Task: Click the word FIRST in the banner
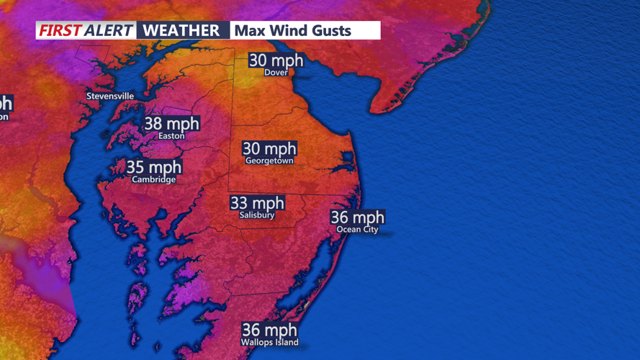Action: coord(59,30)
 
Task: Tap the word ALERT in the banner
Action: coord(108,30)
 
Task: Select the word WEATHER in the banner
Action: coord(181,30)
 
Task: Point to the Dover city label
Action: coord(276,73)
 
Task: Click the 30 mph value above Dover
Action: coord(276,60)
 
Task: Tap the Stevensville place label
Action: coord(110,96)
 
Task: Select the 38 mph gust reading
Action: coord(171,123)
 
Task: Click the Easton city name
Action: coord(171,135)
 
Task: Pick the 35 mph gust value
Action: coord(154,168)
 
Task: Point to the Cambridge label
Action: coord(153,180)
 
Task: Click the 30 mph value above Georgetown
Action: coord(269,149)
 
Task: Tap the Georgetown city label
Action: coord(269,161)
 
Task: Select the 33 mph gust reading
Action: coord(257,203)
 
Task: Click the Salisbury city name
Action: coord(257,215)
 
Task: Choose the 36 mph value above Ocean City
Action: coord(357,217)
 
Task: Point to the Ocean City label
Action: coord(357,230)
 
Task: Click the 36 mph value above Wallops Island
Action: coord(269,330)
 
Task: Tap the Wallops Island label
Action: coord(269,342)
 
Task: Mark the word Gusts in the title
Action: coord(333,30)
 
